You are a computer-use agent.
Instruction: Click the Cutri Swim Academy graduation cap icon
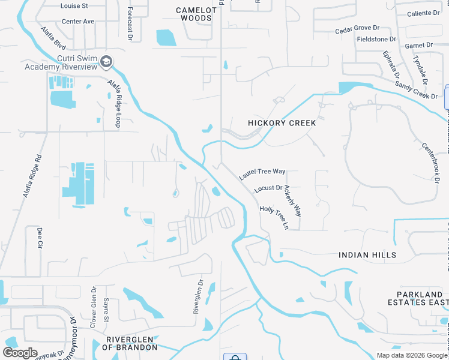106,61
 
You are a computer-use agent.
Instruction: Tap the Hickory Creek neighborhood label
282,123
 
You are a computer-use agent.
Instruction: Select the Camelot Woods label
194,14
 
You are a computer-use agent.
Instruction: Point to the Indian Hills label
367,255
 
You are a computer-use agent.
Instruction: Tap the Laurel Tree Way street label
262,175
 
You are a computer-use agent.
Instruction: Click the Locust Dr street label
268,188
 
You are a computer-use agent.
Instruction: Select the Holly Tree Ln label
274,217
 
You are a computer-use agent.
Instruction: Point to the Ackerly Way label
293,200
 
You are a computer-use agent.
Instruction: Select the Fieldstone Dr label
376,39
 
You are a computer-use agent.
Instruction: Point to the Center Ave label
78,21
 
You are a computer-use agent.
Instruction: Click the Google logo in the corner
20,353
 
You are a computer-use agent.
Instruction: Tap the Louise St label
74,5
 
